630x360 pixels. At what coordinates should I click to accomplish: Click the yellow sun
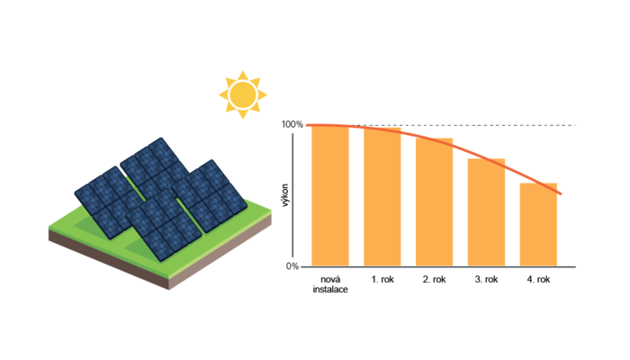tap(243, 94)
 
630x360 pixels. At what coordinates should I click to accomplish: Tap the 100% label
tap(292, 125)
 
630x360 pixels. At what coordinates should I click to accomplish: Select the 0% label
tap(292, 265)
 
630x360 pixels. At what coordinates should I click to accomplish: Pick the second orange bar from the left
tap(382, 197)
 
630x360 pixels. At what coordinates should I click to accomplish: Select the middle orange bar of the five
tap(434, 202)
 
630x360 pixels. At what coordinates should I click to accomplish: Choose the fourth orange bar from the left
tap(486, 211)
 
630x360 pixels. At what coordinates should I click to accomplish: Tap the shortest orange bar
tap(538, 225)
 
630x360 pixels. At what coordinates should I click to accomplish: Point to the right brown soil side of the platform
tap(225, 252)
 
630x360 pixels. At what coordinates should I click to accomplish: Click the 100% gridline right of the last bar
tap(568, 125)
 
